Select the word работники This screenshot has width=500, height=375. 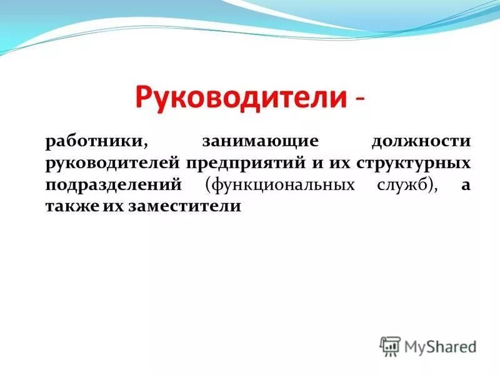click(96, 141)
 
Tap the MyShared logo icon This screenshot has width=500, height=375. click(390, 346)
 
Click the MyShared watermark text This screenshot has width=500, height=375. click(440, 346)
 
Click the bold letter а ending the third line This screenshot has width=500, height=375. click(466, 185)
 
